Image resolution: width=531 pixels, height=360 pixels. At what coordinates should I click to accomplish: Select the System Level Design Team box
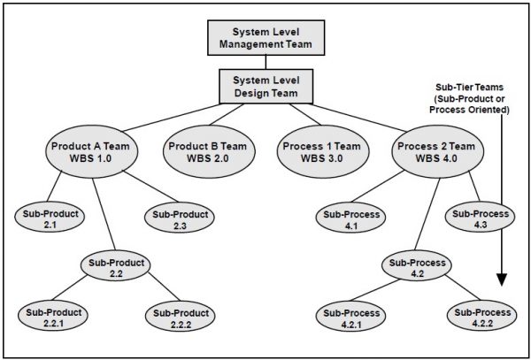[265, 86]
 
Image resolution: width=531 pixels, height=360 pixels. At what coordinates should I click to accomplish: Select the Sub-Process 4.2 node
[416, 269]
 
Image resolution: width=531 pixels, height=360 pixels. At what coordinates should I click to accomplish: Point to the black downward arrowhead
[503, 280]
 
